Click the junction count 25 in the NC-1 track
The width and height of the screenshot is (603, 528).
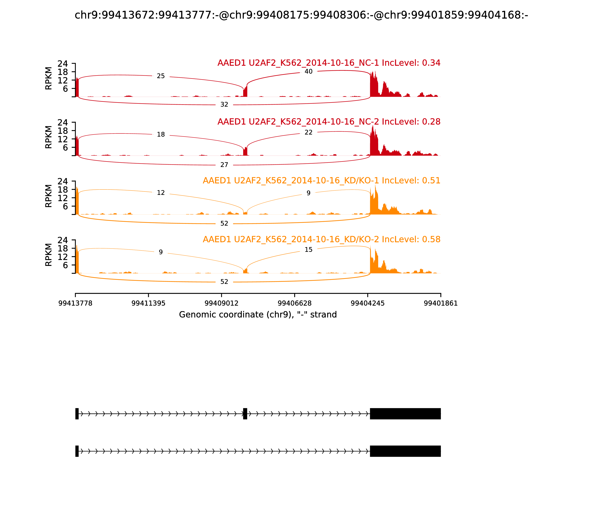[161, 76]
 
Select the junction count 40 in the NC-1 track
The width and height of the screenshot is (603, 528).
[308, 72]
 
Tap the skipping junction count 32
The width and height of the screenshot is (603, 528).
[224, 105]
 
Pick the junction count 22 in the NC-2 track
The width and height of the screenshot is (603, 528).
[308, 133]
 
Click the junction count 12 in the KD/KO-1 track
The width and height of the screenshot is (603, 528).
[161, 193]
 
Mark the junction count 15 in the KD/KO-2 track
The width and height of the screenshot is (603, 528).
[308, 250]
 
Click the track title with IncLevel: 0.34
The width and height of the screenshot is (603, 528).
[329, 63]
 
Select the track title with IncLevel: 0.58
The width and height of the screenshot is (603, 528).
[321, 239]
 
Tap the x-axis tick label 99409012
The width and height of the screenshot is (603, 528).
[221, 303]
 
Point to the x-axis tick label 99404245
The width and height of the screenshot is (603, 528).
[367, 303]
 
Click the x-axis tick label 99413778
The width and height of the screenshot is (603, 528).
[75, 303]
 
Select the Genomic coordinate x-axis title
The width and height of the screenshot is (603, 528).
[258, 315]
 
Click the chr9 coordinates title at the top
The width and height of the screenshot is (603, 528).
[301, 15]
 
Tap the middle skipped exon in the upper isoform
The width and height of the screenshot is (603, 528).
[245, 414]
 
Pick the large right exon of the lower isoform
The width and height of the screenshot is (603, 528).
[405, 451]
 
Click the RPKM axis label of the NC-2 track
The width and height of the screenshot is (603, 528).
[49, 137]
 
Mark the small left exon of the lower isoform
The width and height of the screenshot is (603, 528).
[77, 451]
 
